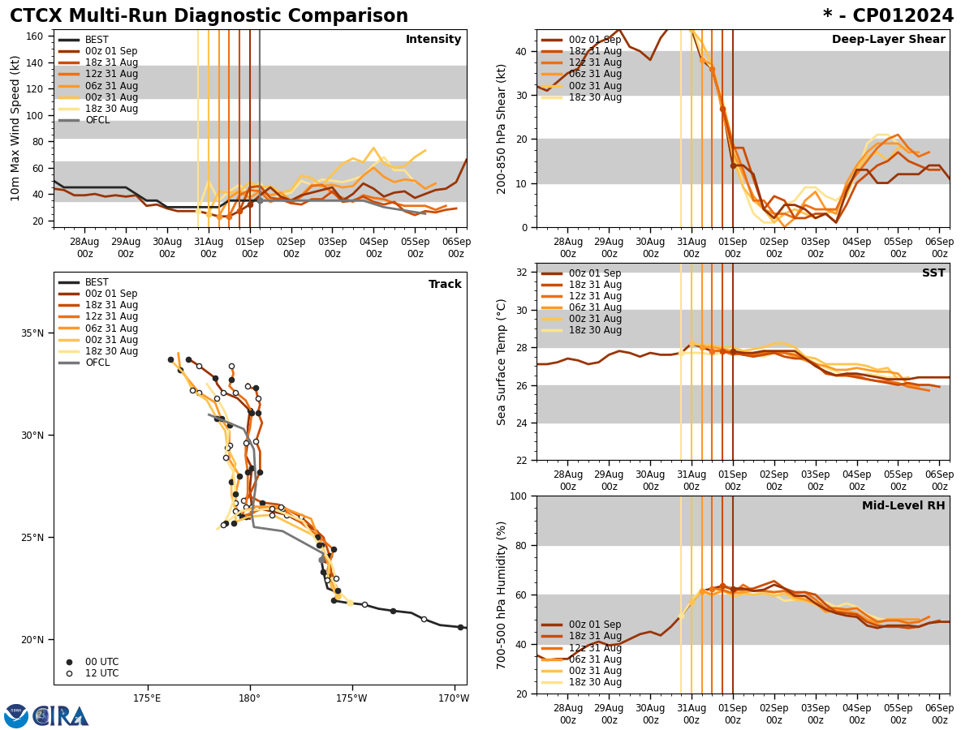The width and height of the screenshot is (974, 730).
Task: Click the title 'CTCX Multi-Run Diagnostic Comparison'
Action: [209, 16]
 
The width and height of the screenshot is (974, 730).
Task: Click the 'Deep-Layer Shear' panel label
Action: [888, 40]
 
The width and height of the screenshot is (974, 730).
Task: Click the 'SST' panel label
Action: [933, 273]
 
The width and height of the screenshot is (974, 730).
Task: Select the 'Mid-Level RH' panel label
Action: [903, 506]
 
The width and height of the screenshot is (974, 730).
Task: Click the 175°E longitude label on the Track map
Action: [147, 698]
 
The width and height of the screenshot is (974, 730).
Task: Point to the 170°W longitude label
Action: [455, 698]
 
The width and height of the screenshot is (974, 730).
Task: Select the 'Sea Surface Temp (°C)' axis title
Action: [502, 362]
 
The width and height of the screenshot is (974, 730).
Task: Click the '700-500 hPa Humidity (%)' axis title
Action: [502, 595]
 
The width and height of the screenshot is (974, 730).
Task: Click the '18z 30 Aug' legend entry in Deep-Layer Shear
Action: [595, 97]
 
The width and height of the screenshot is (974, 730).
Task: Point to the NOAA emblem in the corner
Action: [16, 716]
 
